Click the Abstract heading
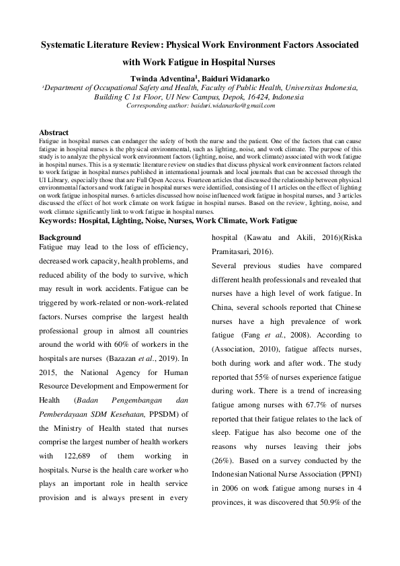[54, 132]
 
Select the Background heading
[60, 237]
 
